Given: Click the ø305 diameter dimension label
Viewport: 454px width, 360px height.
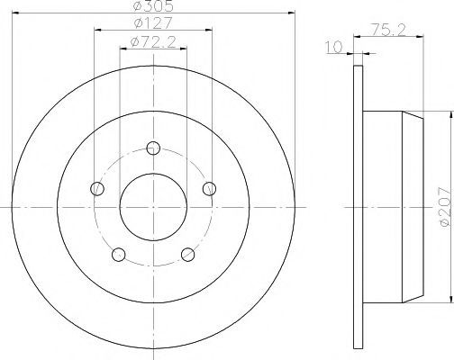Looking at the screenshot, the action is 153,6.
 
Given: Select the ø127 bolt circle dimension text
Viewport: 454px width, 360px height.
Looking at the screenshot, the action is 153,22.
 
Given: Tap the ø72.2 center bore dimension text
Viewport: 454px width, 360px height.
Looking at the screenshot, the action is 153,42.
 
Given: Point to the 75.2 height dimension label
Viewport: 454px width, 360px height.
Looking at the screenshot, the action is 389,30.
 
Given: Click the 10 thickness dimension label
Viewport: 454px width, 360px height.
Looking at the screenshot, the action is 334,47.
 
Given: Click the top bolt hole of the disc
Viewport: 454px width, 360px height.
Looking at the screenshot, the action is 153,148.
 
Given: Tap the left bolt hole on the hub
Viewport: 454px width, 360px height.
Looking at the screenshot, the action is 97,189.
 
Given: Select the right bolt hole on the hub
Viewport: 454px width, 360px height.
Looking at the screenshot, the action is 209,189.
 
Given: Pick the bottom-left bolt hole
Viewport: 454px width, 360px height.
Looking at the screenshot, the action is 119,255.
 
